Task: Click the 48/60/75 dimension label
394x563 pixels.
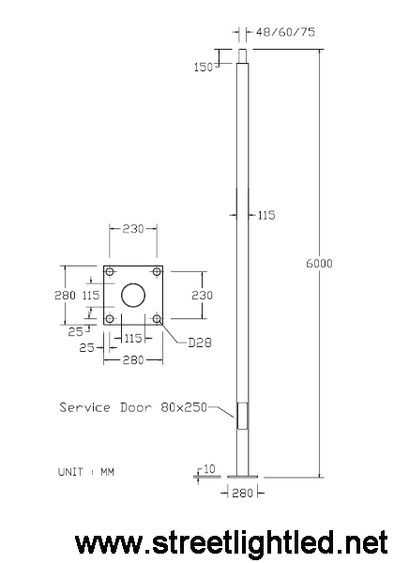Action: coord(285,32)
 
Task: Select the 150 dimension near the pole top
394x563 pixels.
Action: coord(204,68)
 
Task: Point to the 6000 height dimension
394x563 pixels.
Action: coord(319,264)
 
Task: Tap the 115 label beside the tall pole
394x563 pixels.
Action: coord(266,215)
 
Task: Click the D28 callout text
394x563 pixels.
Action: coord(200,342)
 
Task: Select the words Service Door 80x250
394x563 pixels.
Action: coord(133,407)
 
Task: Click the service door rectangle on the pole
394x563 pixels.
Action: coord(242,416)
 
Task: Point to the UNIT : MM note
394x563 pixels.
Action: coord(86,472)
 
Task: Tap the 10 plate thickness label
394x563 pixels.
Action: coord(209,469)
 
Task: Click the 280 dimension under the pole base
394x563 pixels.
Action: coord(243,494)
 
